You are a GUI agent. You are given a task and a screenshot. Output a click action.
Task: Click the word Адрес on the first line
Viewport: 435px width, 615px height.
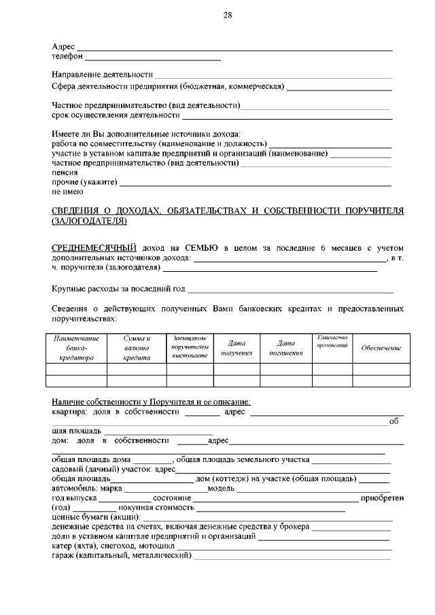63,46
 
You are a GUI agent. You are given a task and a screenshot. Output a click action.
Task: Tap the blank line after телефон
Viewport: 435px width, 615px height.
153,57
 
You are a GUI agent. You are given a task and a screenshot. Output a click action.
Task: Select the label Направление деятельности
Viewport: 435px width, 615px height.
102,74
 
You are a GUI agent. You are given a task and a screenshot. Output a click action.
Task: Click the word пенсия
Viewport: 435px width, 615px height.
65,173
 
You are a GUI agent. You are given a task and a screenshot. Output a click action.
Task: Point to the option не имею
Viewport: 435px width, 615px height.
67,192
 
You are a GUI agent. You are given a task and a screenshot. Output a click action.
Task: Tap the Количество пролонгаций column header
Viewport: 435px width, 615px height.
332,342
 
